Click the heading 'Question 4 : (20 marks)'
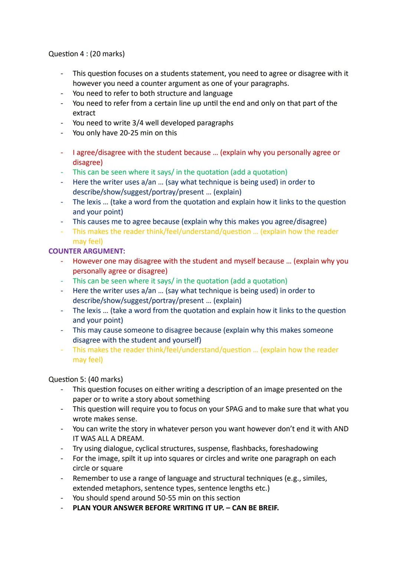(87, 54)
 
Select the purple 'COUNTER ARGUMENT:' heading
(87, 251)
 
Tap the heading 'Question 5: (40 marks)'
(85, 379)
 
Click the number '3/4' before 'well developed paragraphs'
(138, 123)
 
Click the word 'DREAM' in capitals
(130, 439)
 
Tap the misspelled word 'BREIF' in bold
(266, 508)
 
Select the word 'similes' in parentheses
(314, 478)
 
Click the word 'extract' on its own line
(84, 113)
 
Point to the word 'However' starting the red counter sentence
(86, 261)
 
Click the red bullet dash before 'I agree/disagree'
(62, 153)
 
